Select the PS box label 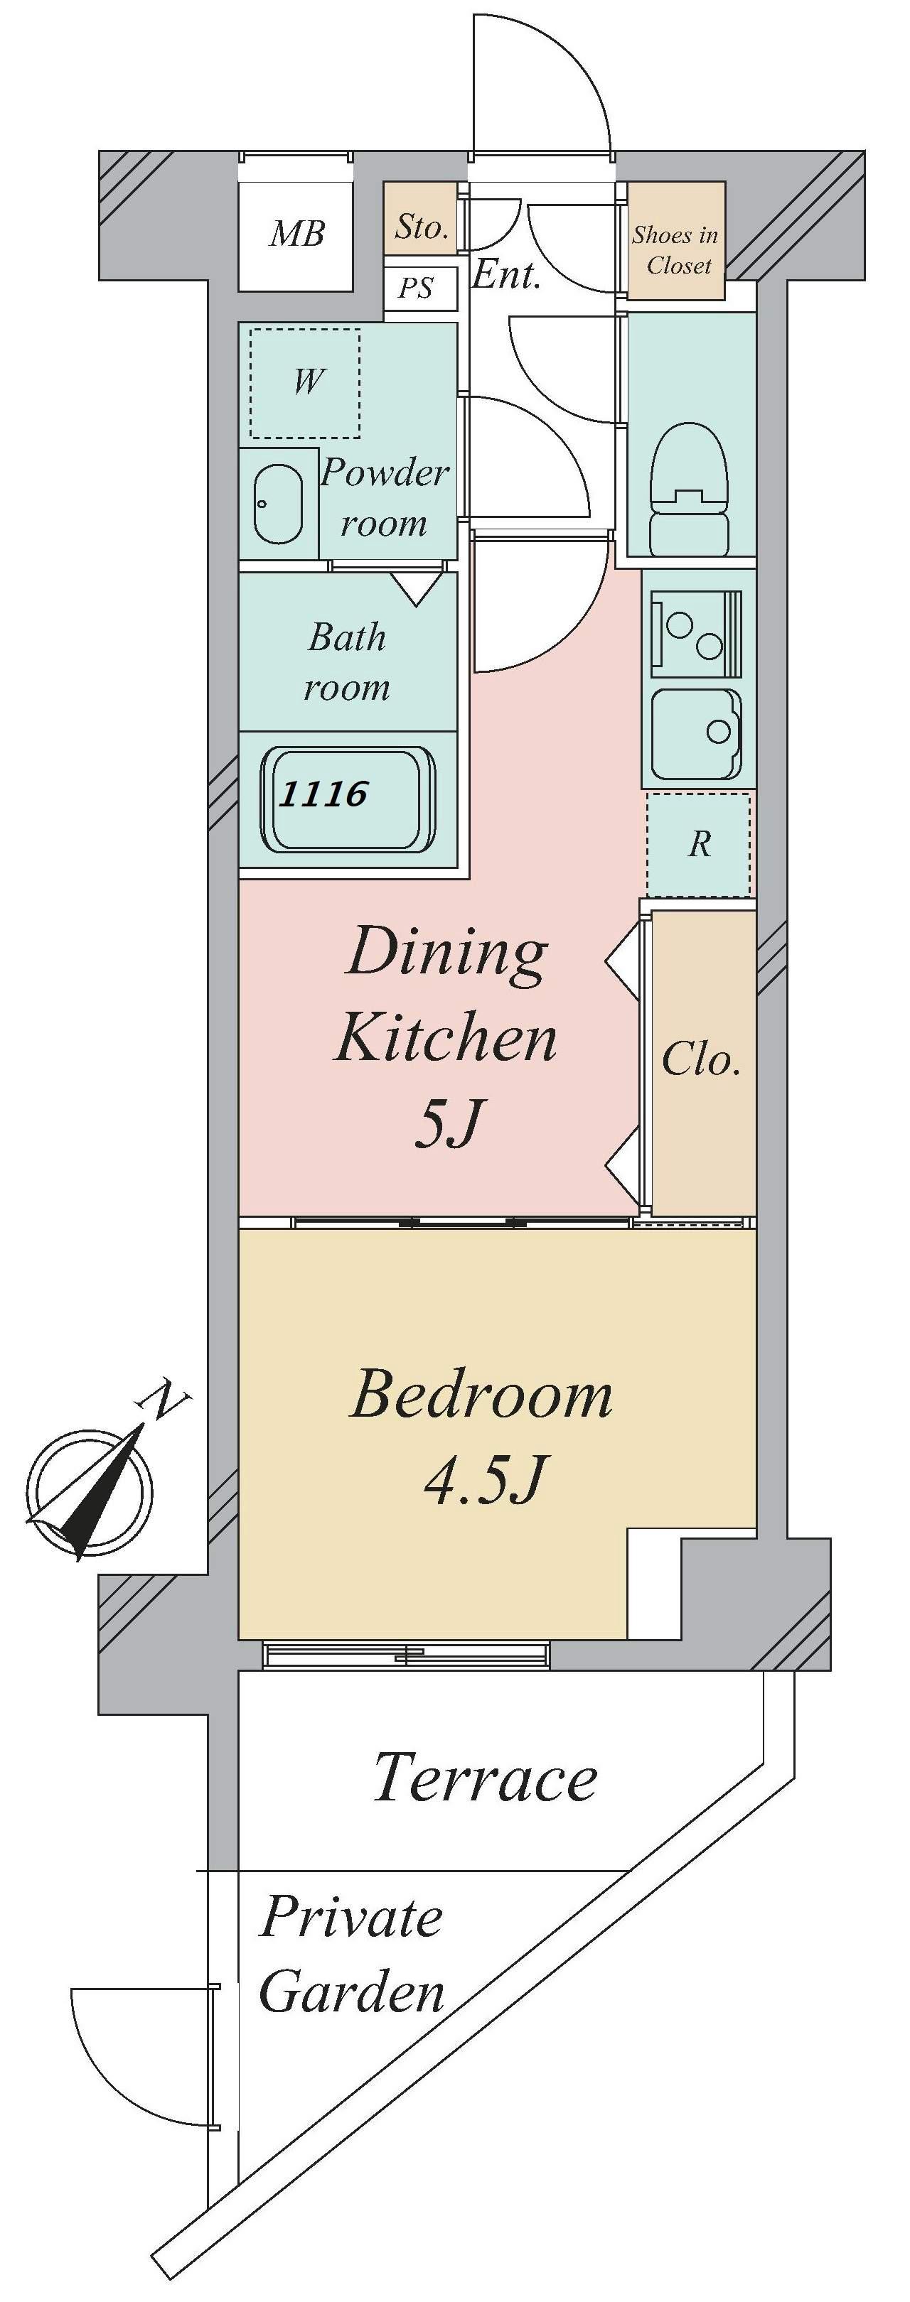[416, 288]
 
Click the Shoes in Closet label [676, 250]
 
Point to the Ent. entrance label [506, 274]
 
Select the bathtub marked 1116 [348, 798]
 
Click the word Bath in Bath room [348, 637]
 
